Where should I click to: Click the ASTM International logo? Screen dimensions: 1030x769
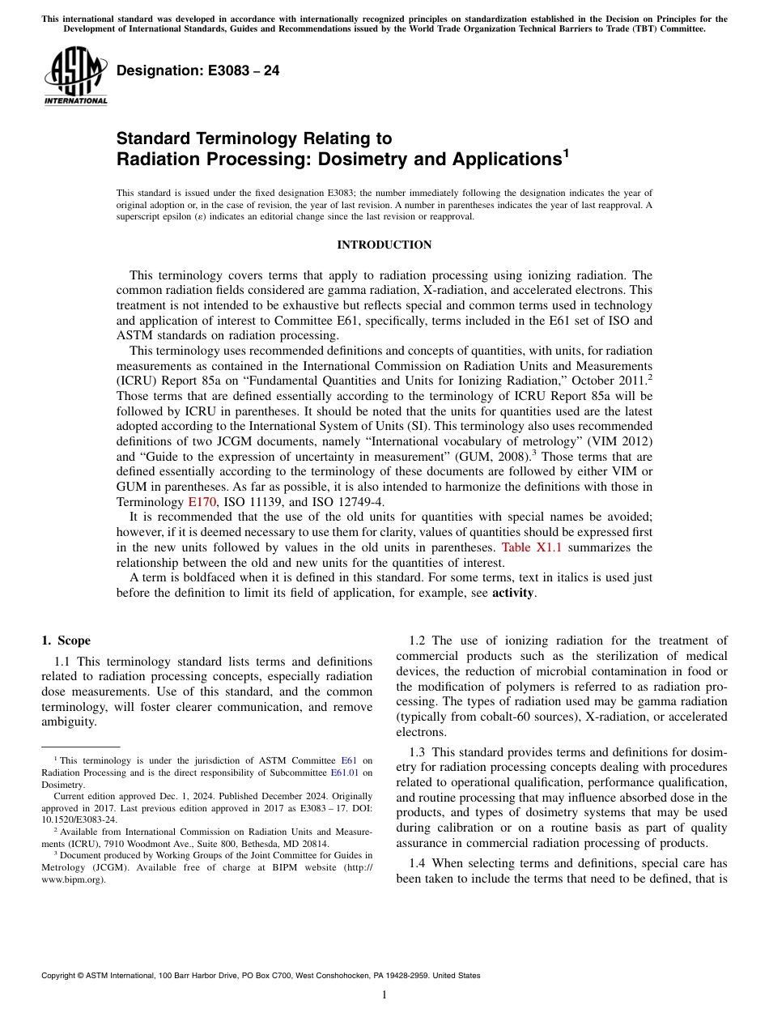pyautogui.click(x=75, y=75)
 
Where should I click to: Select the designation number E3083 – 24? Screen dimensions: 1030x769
pyautogui.click(x=198, y=71)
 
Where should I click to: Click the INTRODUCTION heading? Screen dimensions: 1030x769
pyautogui.click(x=384, y=245)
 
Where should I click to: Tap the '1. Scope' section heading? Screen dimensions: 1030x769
pyautogui.click(x=66, y=641)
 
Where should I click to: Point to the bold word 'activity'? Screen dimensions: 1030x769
pyautogui.click(x=513, y=593)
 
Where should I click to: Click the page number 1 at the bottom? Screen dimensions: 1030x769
pyautogui.click(x=384, y=995)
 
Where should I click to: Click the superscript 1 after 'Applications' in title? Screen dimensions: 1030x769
pyautogui.click(x=566, y=151)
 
